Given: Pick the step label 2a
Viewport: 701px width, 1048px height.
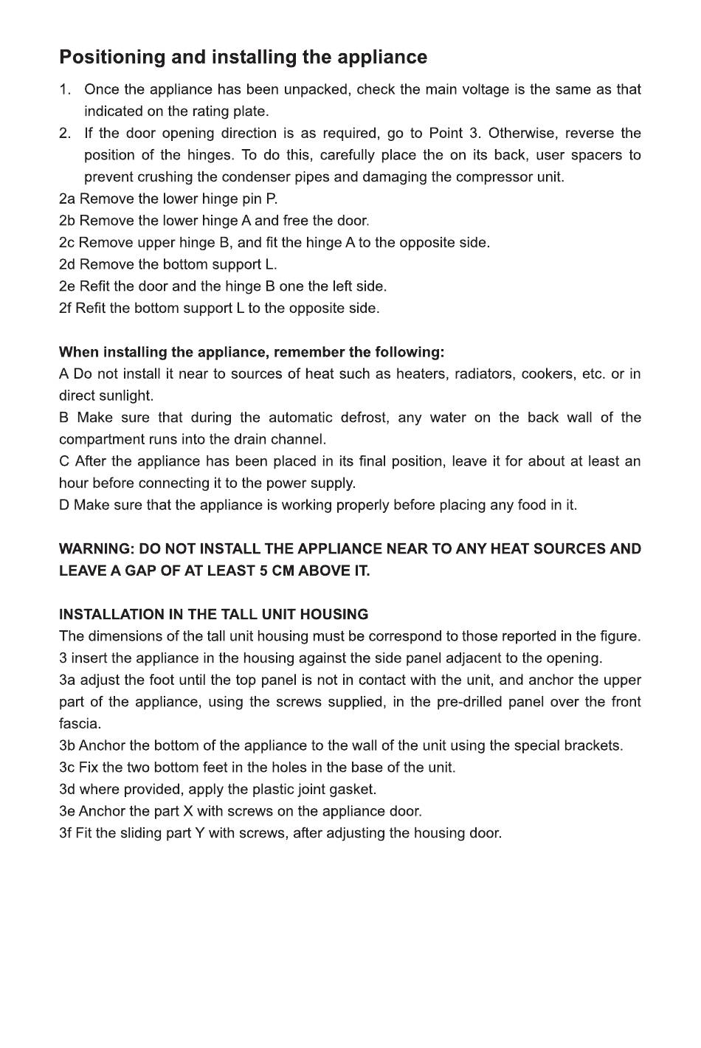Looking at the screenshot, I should pyautogui.click(x=67, y=199).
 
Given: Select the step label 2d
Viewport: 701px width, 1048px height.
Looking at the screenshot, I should pyautogui.click(x=67, y=265).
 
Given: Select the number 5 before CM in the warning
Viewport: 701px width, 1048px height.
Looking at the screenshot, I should pyautogui.click(x=264, y=571).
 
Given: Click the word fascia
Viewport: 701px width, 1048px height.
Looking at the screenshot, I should pyautogui.click(x=80, y=724).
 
